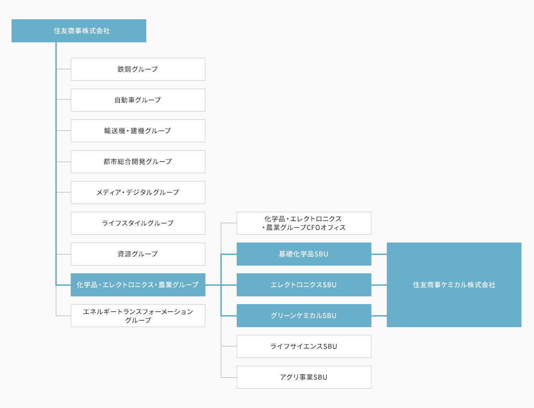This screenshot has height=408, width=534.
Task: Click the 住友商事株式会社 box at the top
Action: (79, 31)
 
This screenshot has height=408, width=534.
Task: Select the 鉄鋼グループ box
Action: (138, 69)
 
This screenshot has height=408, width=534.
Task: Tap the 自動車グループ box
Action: (138, 100)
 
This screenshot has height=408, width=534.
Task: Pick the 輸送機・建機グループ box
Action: (138, 131)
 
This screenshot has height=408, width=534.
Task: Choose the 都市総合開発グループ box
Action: (138, 162)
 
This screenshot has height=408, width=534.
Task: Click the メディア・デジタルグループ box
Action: (138, 192)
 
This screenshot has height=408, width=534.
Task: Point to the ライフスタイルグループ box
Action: (138, 223)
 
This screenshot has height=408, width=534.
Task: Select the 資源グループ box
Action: (138, 254)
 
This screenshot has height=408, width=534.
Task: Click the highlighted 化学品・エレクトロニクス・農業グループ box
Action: (138, 285)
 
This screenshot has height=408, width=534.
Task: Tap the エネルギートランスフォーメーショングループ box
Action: (138, 316)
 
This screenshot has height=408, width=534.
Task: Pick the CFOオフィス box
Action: (304, 223)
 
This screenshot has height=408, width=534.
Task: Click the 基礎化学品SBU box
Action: (304, 254)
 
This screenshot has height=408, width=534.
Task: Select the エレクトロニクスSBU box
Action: (304, 285)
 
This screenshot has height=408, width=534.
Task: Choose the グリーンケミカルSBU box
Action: (304, 316)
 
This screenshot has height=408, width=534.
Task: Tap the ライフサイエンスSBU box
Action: (304, 346)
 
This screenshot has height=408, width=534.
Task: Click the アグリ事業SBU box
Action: (304, 377)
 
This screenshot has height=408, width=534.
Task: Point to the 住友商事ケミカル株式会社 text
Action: (454, 285)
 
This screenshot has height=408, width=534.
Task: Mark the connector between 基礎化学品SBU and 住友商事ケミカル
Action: (379, 254)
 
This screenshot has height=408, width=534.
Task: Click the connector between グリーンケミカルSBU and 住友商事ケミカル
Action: (379, 316)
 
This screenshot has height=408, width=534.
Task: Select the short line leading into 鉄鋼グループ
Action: (64, 69)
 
